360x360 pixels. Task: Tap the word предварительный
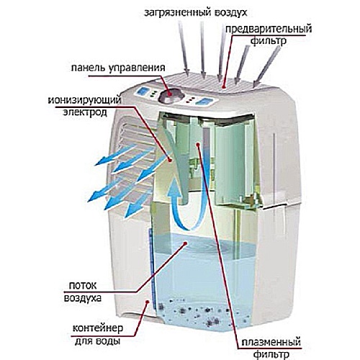(x=269, y=30)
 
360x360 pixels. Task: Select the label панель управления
(x=118, y=68)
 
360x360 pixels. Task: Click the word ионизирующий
(x=84, y=100)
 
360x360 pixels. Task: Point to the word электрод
(x=85, y=112)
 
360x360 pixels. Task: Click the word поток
(x=83, y=286)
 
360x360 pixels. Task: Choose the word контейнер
(x=98, y=328)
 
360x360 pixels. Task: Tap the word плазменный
(x=271, y=342)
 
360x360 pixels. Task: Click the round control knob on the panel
(x=171, y=95)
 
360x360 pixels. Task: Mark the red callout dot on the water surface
(x=185, y=243)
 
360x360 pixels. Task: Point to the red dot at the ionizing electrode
(x=169, y=159)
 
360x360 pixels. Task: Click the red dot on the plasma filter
(x=198, y=144)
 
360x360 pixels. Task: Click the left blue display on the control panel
(x=143, y=91)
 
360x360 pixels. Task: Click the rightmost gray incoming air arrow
(x=267, y=66)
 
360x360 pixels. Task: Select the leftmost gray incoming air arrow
(x=184, y=48)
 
